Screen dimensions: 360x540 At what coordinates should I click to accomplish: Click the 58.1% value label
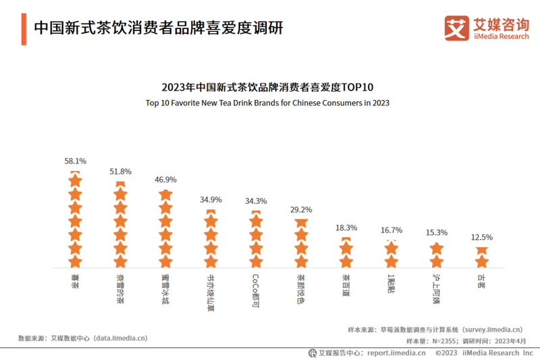tap(75, 161)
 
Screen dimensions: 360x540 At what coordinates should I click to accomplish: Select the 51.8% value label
tap(120, 172)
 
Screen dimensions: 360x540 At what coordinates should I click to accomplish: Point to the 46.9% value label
tap(165, 180)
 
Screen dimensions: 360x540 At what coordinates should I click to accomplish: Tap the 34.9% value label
tap(211, 200)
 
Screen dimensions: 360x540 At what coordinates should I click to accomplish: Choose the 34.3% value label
tap(256, 201)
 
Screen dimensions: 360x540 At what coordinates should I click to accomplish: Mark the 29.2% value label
tap(301, 210)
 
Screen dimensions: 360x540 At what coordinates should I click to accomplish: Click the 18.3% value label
tap(346, 228)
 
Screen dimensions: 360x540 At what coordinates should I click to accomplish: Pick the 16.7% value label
tap(391, 230)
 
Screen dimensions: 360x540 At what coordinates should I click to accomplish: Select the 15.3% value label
tap(437, 233)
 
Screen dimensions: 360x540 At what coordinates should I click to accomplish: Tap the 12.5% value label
tap(482, 237)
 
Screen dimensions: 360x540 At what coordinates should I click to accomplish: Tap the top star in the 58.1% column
tap(75, 180)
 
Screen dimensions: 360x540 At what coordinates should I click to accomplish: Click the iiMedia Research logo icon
tap(456, 28)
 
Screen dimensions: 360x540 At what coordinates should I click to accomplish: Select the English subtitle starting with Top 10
tap(267, 103)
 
